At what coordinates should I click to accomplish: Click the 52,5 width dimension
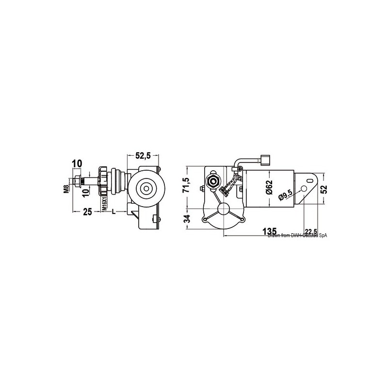pyautogui.click(x=143, y=156)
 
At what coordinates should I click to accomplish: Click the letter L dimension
pyautogui.click(x=113, y=211)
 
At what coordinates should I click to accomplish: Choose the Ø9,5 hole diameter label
pyautogui.click(x=285, y=194)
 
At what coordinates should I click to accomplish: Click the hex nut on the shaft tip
pyautogui.click(x=78, y=182)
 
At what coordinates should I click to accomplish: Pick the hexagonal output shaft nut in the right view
pyautogui.click(x=211, y=181)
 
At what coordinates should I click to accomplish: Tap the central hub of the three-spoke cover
pyautogui.click(x=225, y=210)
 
